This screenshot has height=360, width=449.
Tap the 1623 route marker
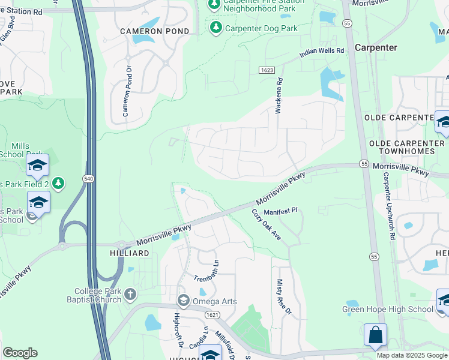coord(268,70)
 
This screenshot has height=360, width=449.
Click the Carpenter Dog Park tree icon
coord(215,27)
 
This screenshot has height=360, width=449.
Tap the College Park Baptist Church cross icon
coord(130,294)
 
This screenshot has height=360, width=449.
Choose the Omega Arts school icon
coord(184,301)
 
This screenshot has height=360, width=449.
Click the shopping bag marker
coord(375,335)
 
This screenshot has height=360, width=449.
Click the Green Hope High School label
coord(387,310)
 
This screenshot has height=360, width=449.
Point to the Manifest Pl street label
coord(281,211)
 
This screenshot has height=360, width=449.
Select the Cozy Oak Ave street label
coord(266,224)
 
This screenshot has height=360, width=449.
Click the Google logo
coord(20,353)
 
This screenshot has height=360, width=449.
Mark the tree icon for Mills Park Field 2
coord(58,183)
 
